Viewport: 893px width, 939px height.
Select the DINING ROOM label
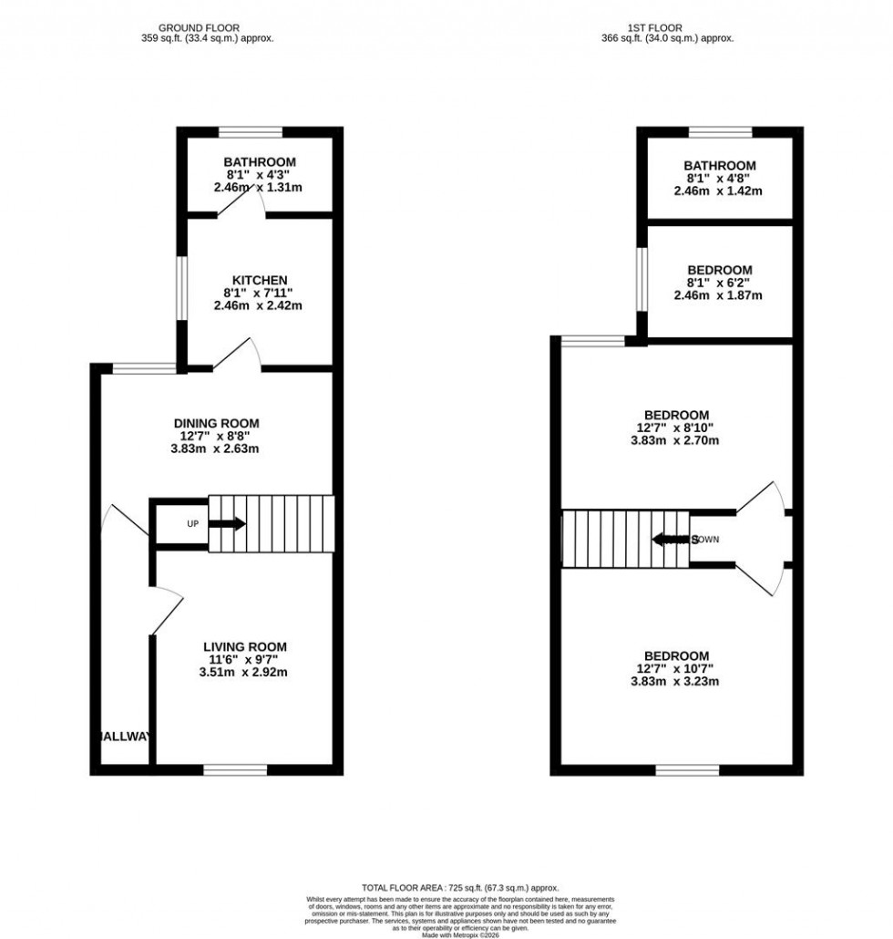[217, 423]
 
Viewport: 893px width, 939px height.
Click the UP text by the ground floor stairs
[192, 524]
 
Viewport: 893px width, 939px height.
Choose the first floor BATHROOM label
[719, 165]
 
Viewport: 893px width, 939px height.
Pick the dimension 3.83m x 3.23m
[676, 682]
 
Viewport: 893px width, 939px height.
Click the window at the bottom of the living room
[235, 770]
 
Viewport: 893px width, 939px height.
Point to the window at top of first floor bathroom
[720, 131]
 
